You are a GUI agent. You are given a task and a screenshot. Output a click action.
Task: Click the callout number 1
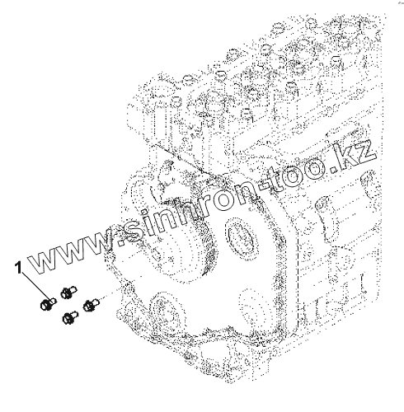point(19,268)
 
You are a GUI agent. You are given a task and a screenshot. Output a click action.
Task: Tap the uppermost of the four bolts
point(68,292)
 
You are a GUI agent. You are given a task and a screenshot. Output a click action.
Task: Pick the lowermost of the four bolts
point(70,317)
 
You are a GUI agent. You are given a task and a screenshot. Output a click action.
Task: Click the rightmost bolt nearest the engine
point(91,305)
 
